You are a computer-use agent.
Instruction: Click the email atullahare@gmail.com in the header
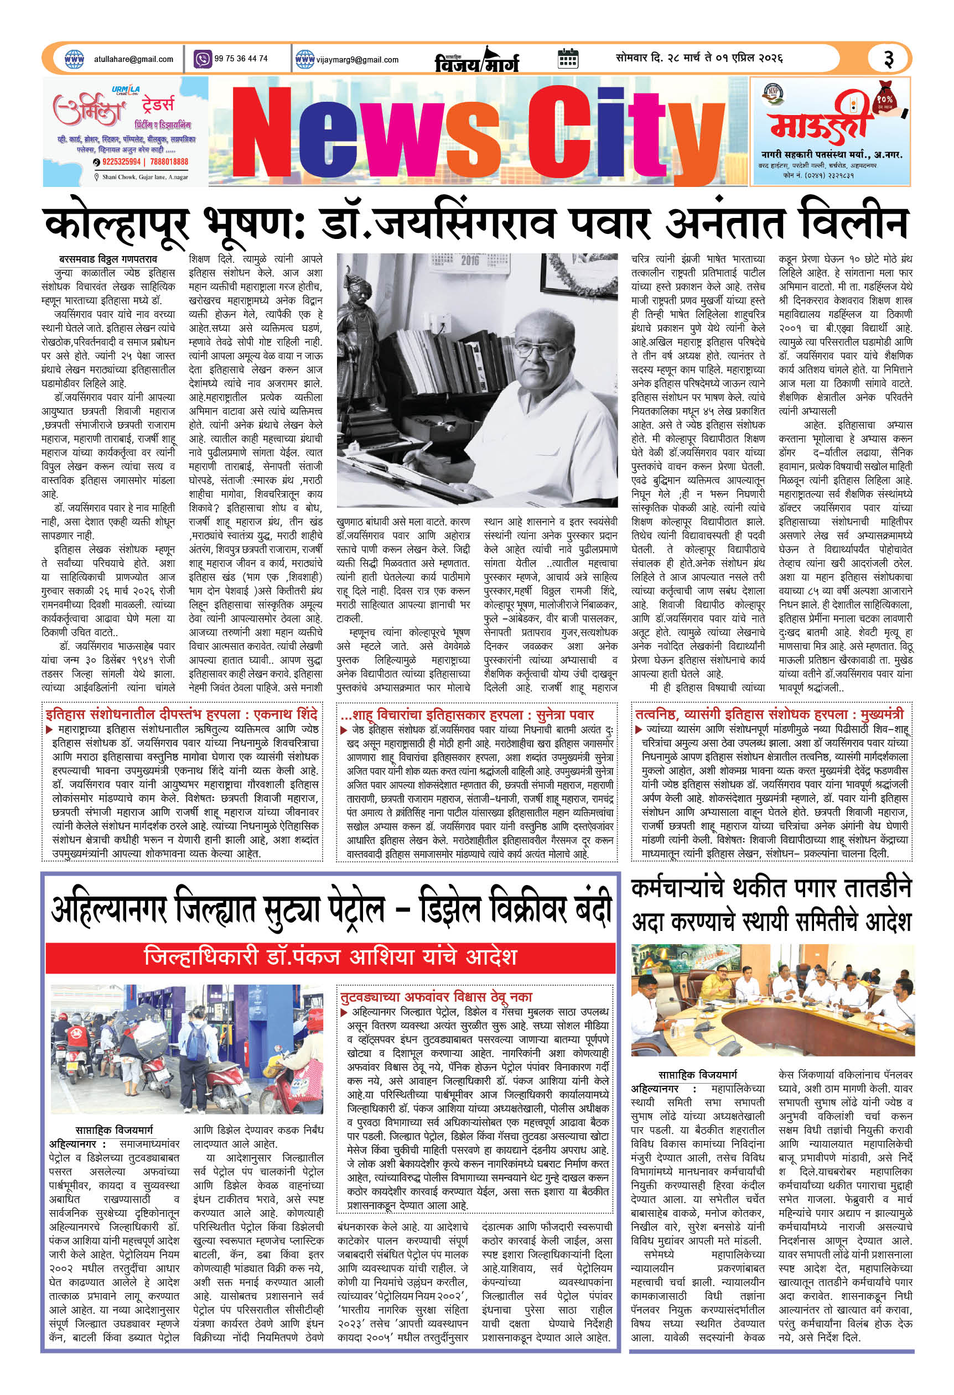(133, 59)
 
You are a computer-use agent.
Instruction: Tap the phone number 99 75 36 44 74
(240, 59)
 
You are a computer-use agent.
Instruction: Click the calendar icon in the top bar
(567, 59)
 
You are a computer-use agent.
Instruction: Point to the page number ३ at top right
(888, 59)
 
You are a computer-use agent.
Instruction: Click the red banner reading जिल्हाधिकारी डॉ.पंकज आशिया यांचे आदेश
(331, 956)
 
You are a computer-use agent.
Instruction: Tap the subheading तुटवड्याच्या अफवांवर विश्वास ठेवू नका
(436, 997)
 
